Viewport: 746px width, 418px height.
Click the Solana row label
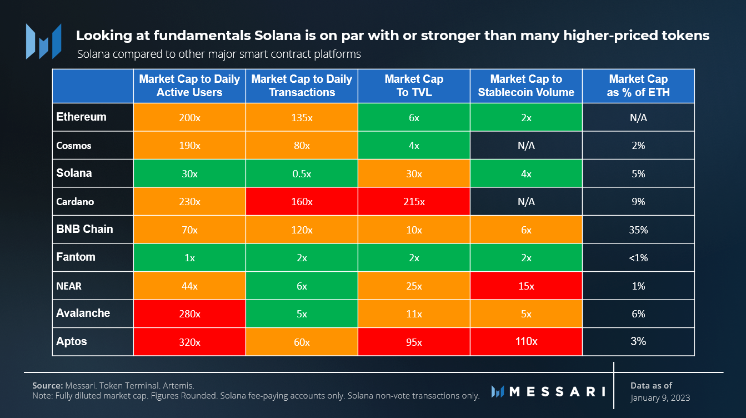[74, 173]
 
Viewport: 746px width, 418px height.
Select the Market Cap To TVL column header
[414, 86]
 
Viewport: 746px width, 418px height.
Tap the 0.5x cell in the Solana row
[302, 173]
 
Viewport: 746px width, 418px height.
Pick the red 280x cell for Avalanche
[189, 313]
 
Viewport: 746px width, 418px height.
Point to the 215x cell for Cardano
[414, 202]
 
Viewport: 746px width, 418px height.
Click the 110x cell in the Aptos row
[526, 341]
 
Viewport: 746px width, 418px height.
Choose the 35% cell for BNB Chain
[638, 230]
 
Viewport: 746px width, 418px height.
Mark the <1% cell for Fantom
[638, 258]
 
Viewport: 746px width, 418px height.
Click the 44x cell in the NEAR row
[189, 286]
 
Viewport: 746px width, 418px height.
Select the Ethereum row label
[81, 117]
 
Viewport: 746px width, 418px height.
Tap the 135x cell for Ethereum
[302, 118]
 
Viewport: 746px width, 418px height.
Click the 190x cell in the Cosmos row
[189, 146]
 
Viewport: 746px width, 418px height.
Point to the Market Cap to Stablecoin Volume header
[526, 86]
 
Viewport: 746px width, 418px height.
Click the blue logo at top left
[43, 42]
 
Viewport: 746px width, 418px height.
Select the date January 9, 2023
[660, 398]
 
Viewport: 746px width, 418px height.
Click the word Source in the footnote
[46, 385]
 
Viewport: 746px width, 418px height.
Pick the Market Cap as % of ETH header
[638, 86]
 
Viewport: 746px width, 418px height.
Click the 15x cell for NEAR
[526, 286]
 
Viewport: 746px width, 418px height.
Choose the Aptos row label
[72, 341]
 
